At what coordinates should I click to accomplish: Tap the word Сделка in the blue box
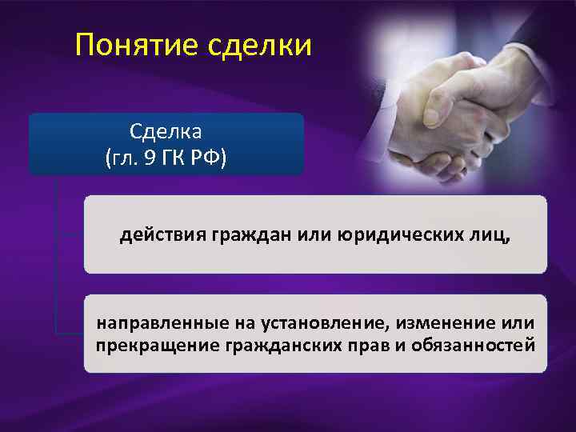pyautogui.click(x=166, y=130)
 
